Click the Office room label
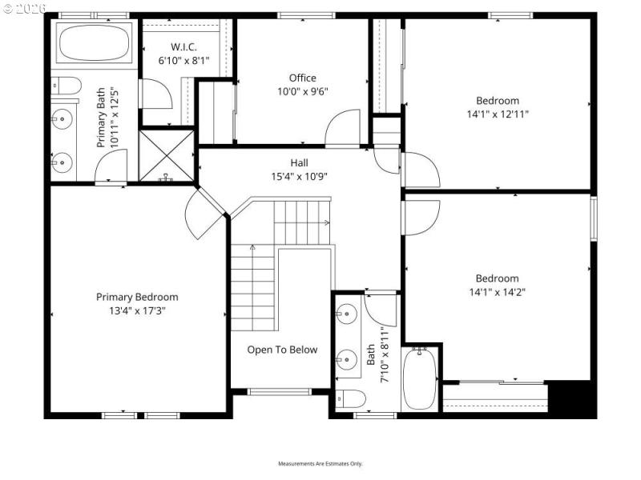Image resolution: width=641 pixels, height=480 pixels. click(x=303, y=78)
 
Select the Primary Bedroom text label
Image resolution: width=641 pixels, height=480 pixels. click(x=137, y=297)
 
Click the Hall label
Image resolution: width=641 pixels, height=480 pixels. click(x=300, y=162)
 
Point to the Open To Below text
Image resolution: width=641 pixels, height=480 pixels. click(x=282, y=350)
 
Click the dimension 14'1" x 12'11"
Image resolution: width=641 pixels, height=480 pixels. click(x=497, y=114)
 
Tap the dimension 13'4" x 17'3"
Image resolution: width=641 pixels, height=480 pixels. click(x=137, y=310)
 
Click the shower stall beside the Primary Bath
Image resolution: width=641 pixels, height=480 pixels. click(x=167, y=156)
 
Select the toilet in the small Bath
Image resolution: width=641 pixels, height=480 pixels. click(x=350, y=398)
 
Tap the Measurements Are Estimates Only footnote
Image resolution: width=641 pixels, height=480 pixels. click(x=320, y=464)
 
